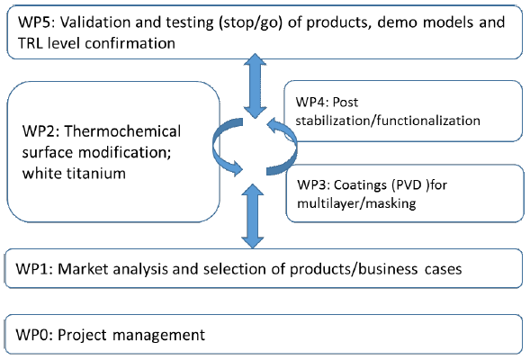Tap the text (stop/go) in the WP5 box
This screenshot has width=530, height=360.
click(x=250, y=23)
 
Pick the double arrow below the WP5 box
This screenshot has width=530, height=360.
click(x=256, y=85)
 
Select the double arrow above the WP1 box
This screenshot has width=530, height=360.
click(x=253, y=216)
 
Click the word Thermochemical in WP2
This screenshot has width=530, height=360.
click(x=122, y=131)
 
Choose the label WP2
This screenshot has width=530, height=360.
click(x=40, y=131)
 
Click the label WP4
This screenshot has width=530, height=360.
click(x=311, y=102)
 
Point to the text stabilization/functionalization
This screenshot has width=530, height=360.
click(x=388, y=121)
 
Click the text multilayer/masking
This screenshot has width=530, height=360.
click(x=356, y=203)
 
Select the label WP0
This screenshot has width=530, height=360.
click(x=34, y=335)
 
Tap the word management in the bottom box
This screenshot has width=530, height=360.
click(x=158, y=336)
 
